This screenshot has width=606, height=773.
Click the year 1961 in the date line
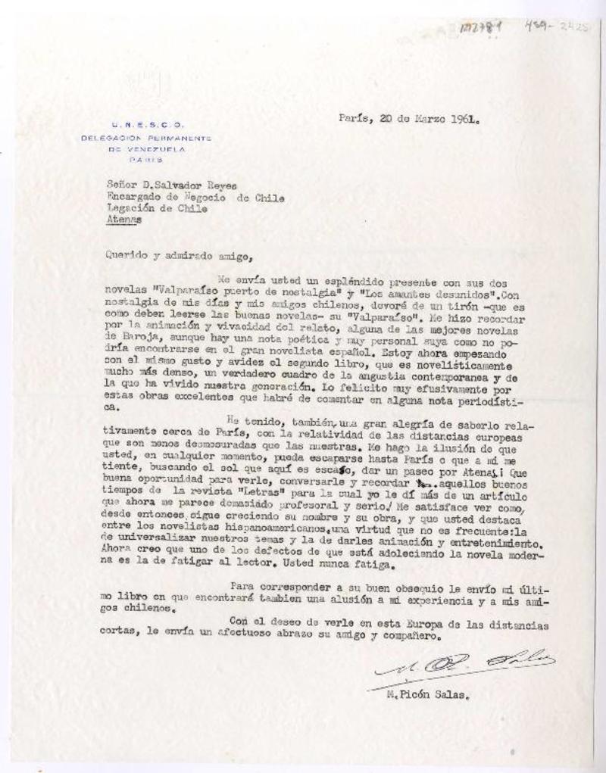coord(464,119)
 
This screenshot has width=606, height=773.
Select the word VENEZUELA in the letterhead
coord(155,149)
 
